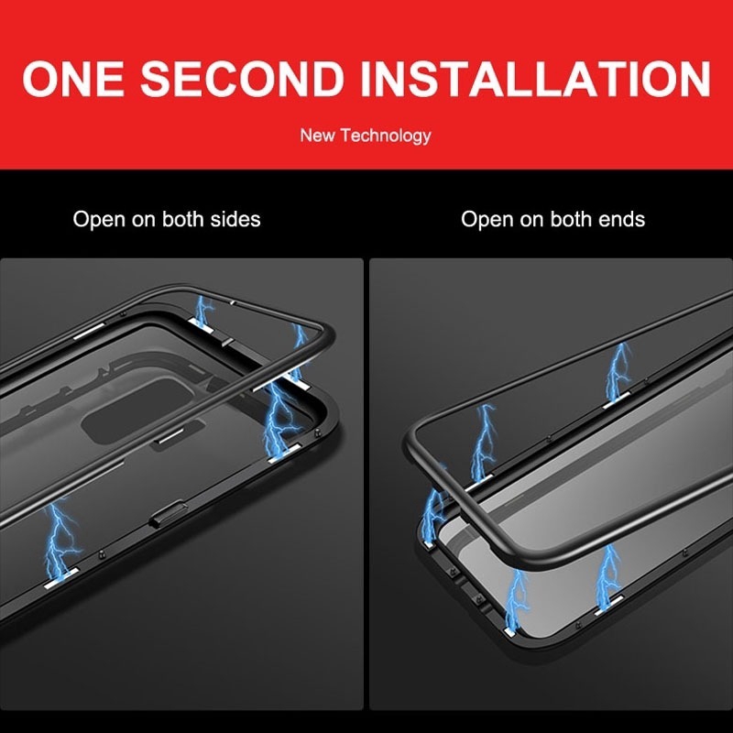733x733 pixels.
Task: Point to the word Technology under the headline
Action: pyautogui.click(x=385, y=136)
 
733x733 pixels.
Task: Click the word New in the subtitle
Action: pyautogui.click(x=318, y=136)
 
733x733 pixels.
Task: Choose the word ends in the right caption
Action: pyautogui.click(x=621, y=220)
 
